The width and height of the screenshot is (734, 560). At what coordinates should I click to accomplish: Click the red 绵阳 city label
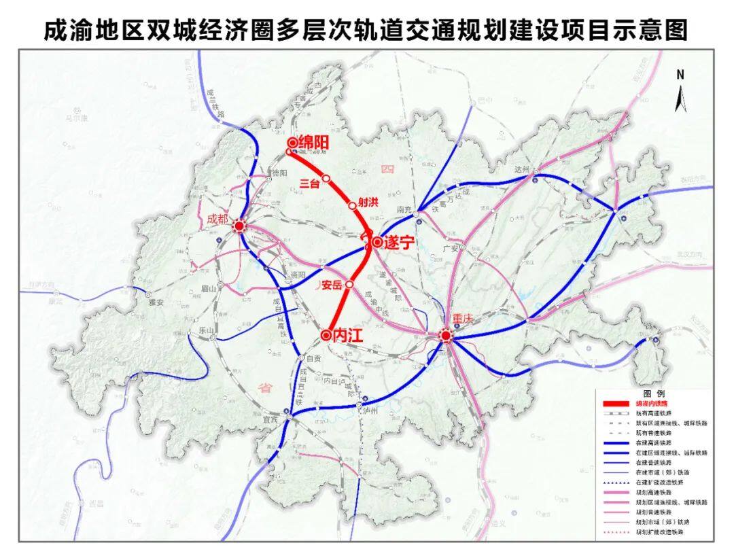coord(314,143)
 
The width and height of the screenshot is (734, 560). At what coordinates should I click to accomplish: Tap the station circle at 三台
coord(326,179)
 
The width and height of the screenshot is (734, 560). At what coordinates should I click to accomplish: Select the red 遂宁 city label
coord(398,243)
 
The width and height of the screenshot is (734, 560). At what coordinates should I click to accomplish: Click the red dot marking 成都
coord(239,226)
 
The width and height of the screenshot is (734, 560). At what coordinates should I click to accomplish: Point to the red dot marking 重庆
coord(446,335)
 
